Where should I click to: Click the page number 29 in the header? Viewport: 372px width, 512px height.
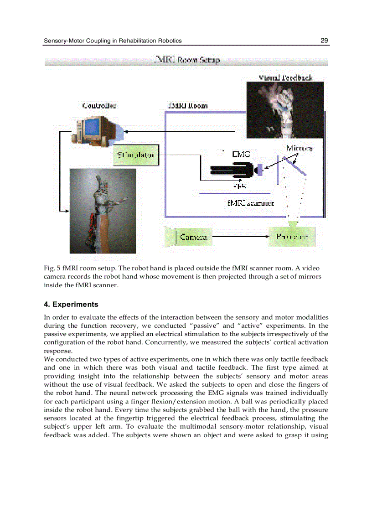[324, 41]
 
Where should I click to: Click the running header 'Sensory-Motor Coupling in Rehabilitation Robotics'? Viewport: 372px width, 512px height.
[113, 41]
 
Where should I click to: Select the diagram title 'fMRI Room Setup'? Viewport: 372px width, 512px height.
[187, 60]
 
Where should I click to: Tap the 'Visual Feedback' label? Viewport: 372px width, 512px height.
[285, 78]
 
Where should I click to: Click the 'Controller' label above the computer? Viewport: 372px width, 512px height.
[99, 105]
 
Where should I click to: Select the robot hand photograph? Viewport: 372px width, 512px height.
[103, 211]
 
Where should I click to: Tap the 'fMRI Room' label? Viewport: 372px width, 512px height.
[188, 105]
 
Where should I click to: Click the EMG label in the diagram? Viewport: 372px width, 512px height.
[241, 155]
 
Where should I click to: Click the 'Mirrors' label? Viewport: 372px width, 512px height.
[300, 148]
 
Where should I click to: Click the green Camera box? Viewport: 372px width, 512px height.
[187, 237]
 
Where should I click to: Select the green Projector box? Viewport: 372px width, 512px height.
[292, 237]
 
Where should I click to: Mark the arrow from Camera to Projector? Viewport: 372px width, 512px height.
[239, 237]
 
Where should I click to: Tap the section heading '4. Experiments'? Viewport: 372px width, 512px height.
[71, 304]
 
